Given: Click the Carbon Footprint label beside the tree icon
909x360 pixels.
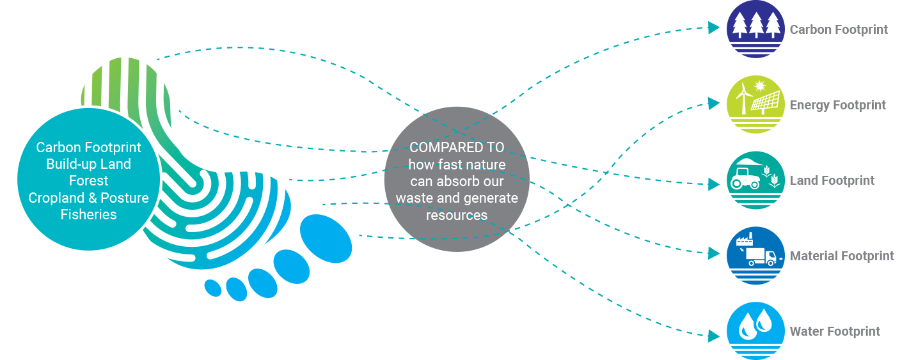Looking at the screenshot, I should click(x=838, y=29).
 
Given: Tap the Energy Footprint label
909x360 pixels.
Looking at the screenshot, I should click(x=837, y=105).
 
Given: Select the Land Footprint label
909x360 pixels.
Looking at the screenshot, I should click(x=832, y=180).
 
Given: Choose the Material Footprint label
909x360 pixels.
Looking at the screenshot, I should click(x=842, y=256).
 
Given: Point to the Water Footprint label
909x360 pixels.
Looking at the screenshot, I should click(x=834, y=331).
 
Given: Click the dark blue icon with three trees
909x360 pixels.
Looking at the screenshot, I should click(x=755, y=29).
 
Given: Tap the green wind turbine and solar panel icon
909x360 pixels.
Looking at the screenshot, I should click(x=755, y=104).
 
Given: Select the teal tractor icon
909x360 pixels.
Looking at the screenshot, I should click(x=755, y=180).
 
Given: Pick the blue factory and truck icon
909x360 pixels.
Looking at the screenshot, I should click(x=755, y=256).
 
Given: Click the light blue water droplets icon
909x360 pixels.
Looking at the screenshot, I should click(x=755, y=330).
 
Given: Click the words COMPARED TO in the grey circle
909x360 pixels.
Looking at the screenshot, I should click(x=457, y=148).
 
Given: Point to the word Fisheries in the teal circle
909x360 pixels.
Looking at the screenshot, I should click(x=88, y=214).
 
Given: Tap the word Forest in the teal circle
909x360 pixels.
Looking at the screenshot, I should click(x=88, y=181).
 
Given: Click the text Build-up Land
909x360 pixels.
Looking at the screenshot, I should click(x=88, y=164).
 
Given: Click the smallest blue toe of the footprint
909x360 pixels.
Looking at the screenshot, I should click(x=212, y=287).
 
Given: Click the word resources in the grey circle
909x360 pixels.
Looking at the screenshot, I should click(x=457, y=215).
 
